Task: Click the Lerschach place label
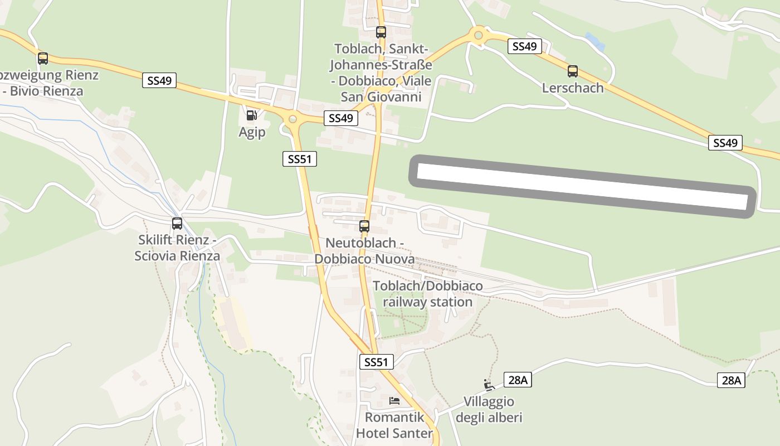point(572,88)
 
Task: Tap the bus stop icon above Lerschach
point(572,71)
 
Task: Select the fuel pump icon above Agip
point(252,115)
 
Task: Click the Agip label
point(252,132)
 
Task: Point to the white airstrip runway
point(582,186)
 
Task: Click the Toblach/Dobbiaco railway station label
point(427,294)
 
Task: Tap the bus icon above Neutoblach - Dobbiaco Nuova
point(364,226)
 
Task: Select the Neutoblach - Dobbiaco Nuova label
point(364,251)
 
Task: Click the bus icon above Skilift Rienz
point(177,224)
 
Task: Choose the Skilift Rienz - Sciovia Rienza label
point(177,248)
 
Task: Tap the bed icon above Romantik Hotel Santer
point(394,400)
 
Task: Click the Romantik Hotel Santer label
point(394,425)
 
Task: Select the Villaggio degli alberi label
point(489,409)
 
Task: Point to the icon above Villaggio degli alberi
point(489,385)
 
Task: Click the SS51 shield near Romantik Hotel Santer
point(376,362)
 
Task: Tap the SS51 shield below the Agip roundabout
point(299,159)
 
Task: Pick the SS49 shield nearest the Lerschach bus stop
point(525,46)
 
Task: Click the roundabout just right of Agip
point(291,119)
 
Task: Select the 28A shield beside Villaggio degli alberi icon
point(518,380)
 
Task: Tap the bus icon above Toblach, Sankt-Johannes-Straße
point(381,32)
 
